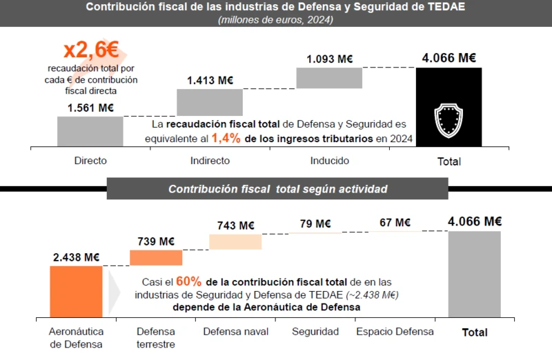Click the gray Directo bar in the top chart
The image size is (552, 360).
point(90,131)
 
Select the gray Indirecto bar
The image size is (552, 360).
point(210,102)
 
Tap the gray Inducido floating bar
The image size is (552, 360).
point(329,78)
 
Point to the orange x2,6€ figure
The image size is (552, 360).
point(91,50)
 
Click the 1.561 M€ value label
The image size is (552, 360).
point(90,108)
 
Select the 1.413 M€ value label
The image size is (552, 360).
point(210,80)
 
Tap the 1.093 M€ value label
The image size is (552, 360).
point(330,59)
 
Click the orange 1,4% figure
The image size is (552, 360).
point(226,138)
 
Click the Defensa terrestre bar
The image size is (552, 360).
point(156,257)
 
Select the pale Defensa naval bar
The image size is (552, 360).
point(235,241)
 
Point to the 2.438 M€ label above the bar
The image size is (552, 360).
point(76,257)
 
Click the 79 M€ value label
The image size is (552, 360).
point(315,223)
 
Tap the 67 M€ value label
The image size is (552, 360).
point(395,222)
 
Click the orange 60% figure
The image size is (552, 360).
point(188,281)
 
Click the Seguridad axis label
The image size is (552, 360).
point(315,332)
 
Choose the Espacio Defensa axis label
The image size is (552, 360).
point(395,332)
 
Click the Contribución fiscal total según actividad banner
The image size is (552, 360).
point(277,189)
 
